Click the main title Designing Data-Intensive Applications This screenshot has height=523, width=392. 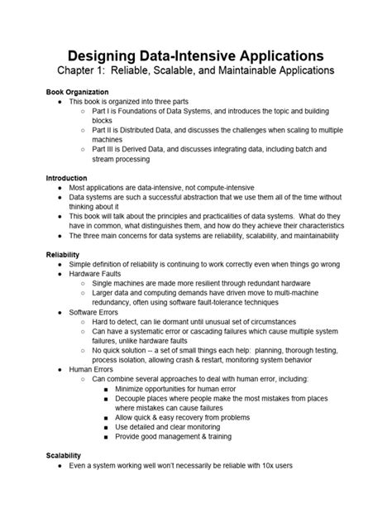195,55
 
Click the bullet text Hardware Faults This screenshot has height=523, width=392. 99,274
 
